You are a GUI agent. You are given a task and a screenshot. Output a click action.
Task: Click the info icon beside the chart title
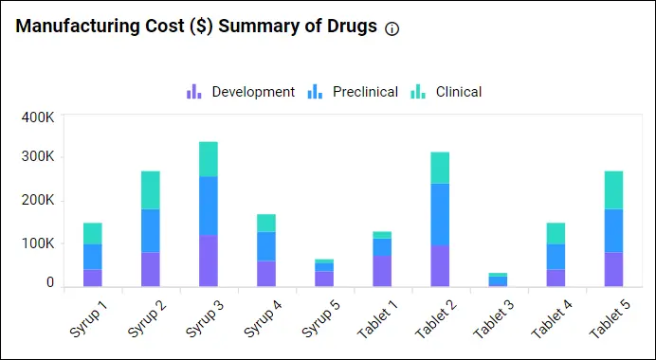[392, 28]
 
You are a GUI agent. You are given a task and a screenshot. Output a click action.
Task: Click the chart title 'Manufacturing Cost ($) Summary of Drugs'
[195, 27]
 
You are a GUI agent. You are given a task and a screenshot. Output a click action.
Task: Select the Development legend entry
[241, 92]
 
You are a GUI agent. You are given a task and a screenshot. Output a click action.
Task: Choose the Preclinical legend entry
[354, 92]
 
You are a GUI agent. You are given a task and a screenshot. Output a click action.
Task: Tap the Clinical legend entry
[446, 92]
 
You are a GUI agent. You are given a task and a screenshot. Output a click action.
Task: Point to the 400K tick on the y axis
[37, 118]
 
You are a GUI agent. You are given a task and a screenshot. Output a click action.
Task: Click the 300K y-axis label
[37, 157]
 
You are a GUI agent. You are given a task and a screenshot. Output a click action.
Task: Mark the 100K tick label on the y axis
[37, 243]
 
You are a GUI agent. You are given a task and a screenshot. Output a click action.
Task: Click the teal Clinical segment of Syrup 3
[208, 159]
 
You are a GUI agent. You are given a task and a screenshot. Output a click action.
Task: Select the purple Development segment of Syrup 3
[208, 261]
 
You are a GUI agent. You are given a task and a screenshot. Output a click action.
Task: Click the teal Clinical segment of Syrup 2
[150, 189]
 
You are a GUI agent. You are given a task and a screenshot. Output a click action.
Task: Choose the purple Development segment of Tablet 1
[381, 271]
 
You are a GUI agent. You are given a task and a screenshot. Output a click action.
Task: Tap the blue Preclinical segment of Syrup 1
[92, 257]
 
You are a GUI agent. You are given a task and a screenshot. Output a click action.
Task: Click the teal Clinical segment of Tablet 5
[612, 189]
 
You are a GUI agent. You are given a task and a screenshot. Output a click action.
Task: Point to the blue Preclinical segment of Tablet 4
[555, 257]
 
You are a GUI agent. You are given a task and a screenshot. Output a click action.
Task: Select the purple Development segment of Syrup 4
[265, 274]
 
